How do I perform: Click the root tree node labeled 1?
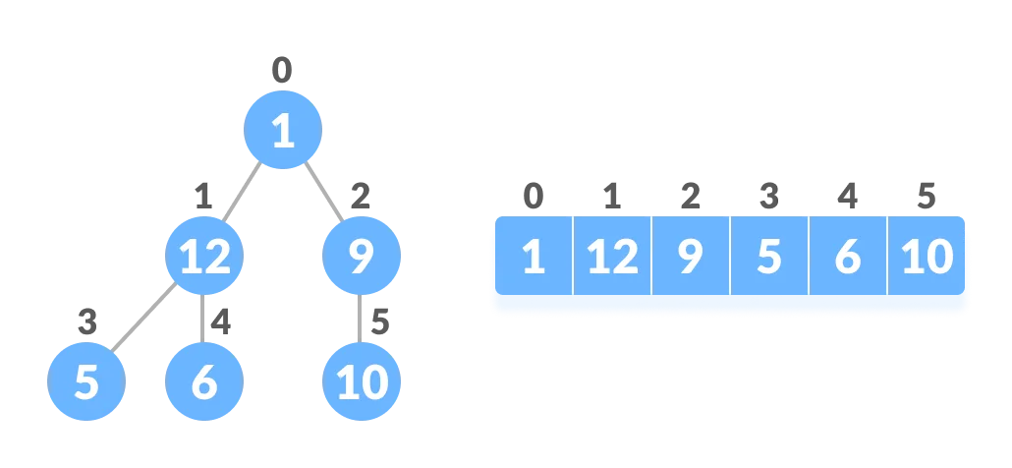tap(283, 130)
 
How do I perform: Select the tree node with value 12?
tap(204, 257)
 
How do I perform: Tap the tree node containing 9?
tap(362, 257)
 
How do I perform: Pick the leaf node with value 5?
tap(86, 381)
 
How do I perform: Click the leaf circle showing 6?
tap(204, 381)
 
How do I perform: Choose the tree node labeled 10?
tap(362, 381)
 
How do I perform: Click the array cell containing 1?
tap(533, 258)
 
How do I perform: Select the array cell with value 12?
tap(612, 258)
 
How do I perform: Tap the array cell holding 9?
tap(691, 258)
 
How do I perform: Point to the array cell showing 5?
tap(769, 258)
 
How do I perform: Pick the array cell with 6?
tap(847, 258)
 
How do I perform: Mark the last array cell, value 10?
tap(928, 258)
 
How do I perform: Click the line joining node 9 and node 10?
tap(362, 319)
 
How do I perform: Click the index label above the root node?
tap(283, 71)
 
